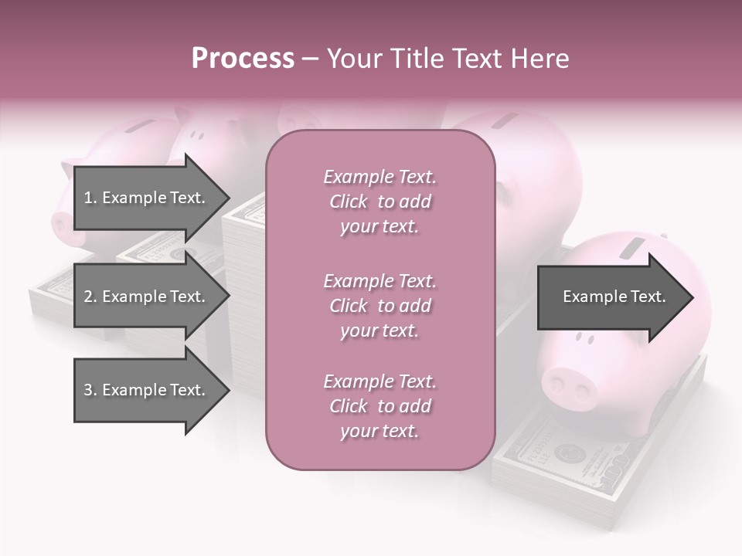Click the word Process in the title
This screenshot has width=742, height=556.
tap(243, 59)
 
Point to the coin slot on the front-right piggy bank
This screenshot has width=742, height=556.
tap(634, 248)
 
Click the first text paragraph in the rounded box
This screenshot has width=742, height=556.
tap(380, 202)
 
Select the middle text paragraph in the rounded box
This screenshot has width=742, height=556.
tap(380, 306)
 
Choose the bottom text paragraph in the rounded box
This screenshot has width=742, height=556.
tap(380, 406)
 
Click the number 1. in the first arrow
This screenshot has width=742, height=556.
tap(90, 198)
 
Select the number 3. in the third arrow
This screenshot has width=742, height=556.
tap(90, 390)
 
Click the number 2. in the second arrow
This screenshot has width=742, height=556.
tap(90, 297)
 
